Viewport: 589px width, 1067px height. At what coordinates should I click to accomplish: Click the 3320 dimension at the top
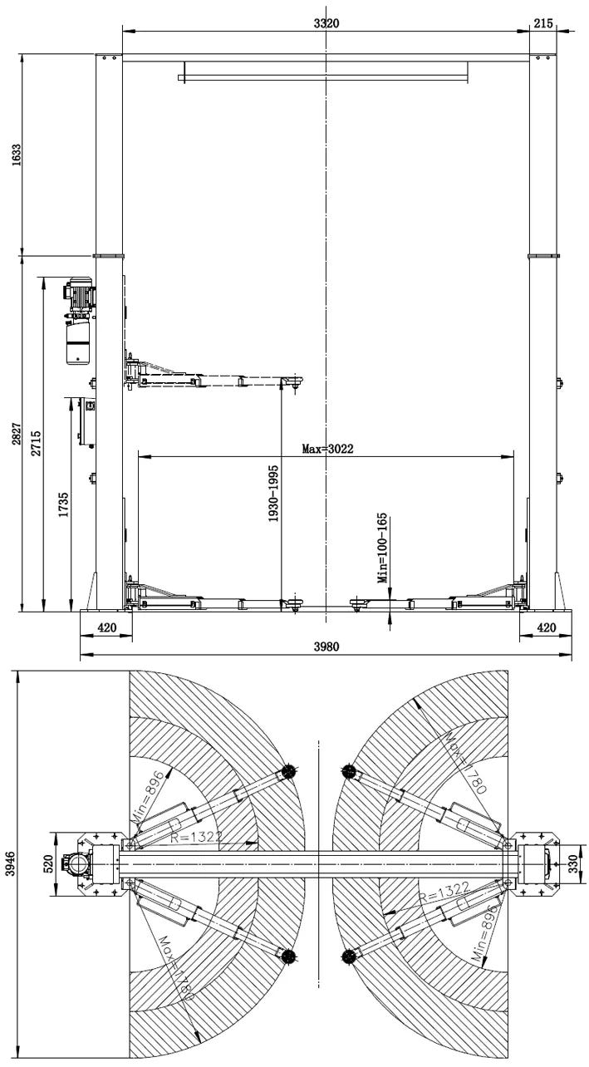tap(326, 23)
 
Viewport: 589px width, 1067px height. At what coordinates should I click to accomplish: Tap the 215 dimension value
tap(542, 23)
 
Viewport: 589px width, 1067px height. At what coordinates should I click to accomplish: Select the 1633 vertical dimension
tap(17, 155)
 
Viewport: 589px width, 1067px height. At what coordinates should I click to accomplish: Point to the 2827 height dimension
tap(17, 434)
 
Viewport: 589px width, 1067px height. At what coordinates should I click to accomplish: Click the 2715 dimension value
tap(37, 443)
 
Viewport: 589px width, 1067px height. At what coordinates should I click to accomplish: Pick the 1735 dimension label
tap(63, 505)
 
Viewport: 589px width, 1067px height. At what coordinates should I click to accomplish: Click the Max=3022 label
tap(327, 449)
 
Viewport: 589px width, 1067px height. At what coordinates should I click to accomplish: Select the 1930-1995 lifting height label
tap(273, 494)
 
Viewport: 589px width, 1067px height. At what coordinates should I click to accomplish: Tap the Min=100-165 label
tap(382, 548)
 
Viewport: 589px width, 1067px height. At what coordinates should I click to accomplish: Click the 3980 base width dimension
tap(326, 647)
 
